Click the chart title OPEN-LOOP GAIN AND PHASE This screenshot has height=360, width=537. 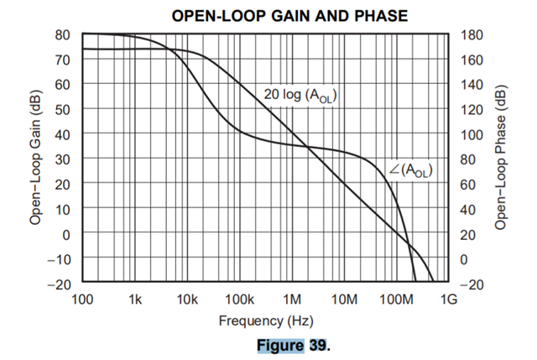[x=267, y=16]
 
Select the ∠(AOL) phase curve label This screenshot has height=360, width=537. [x=410, y=170]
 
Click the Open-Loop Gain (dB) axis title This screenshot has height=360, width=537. [x=36, y=159]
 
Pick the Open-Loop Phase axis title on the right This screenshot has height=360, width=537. [x=501, y=159]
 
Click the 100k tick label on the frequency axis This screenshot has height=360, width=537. [x=240, y=300]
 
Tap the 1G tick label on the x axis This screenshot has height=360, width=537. [x=449, y=300]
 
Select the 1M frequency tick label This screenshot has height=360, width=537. [x=292, y=300]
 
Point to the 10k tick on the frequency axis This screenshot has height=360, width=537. [x=187, y=300]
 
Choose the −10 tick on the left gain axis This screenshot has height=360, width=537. [x=59, y=259]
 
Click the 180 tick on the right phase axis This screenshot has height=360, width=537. [x=472, y=35]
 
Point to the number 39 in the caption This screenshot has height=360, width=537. [x=315, y=344]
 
